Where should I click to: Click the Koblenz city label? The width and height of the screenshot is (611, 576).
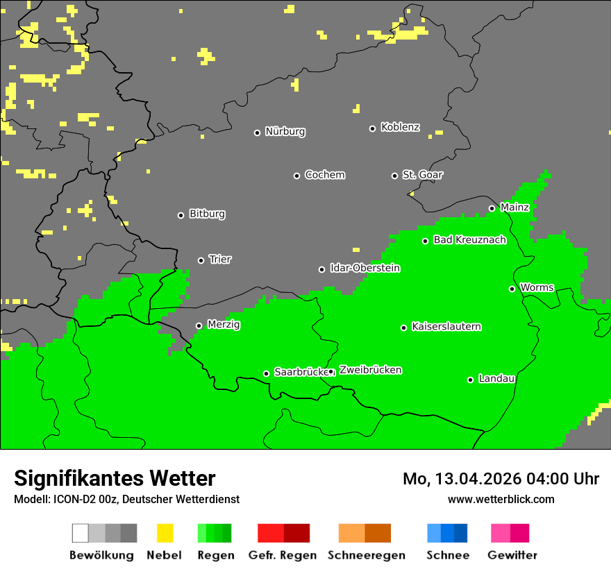[400, 128]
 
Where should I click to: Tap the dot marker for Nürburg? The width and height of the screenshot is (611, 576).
[257, 133]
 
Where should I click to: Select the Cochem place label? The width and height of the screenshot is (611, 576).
[324, 175]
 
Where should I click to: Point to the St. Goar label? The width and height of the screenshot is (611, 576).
[422, 175]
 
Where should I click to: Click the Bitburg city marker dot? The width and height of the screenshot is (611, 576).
[181, 215]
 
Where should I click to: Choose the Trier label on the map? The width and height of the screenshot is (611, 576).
[220, 260]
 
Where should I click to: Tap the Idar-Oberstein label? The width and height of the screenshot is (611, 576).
[365, 269]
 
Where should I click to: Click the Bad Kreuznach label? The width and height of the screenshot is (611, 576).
[469, 240]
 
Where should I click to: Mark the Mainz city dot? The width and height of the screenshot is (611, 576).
[492, 208]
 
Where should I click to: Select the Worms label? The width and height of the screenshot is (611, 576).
[537, 288]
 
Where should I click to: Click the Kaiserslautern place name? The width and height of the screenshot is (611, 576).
[446, 327]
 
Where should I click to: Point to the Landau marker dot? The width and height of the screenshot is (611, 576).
[470, 380]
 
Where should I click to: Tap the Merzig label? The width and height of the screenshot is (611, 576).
[224, 325]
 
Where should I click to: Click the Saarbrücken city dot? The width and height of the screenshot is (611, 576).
[266, 373]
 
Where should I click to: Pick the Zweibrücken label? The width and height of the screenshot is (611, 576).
[370, 371]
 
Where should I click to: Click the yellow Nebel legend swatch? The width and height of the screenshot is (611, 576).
[165, 533]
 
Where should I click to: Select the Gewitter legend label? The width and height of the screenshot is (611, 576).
[512, 555]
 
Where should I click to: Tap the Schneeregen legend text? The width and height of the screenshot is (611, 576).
[367, 555]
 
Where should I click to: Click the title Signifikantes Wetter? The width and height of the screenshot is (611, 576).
[115, 479]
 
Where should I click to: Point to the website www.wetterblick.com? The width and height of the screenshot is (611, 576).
[501, 499]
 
